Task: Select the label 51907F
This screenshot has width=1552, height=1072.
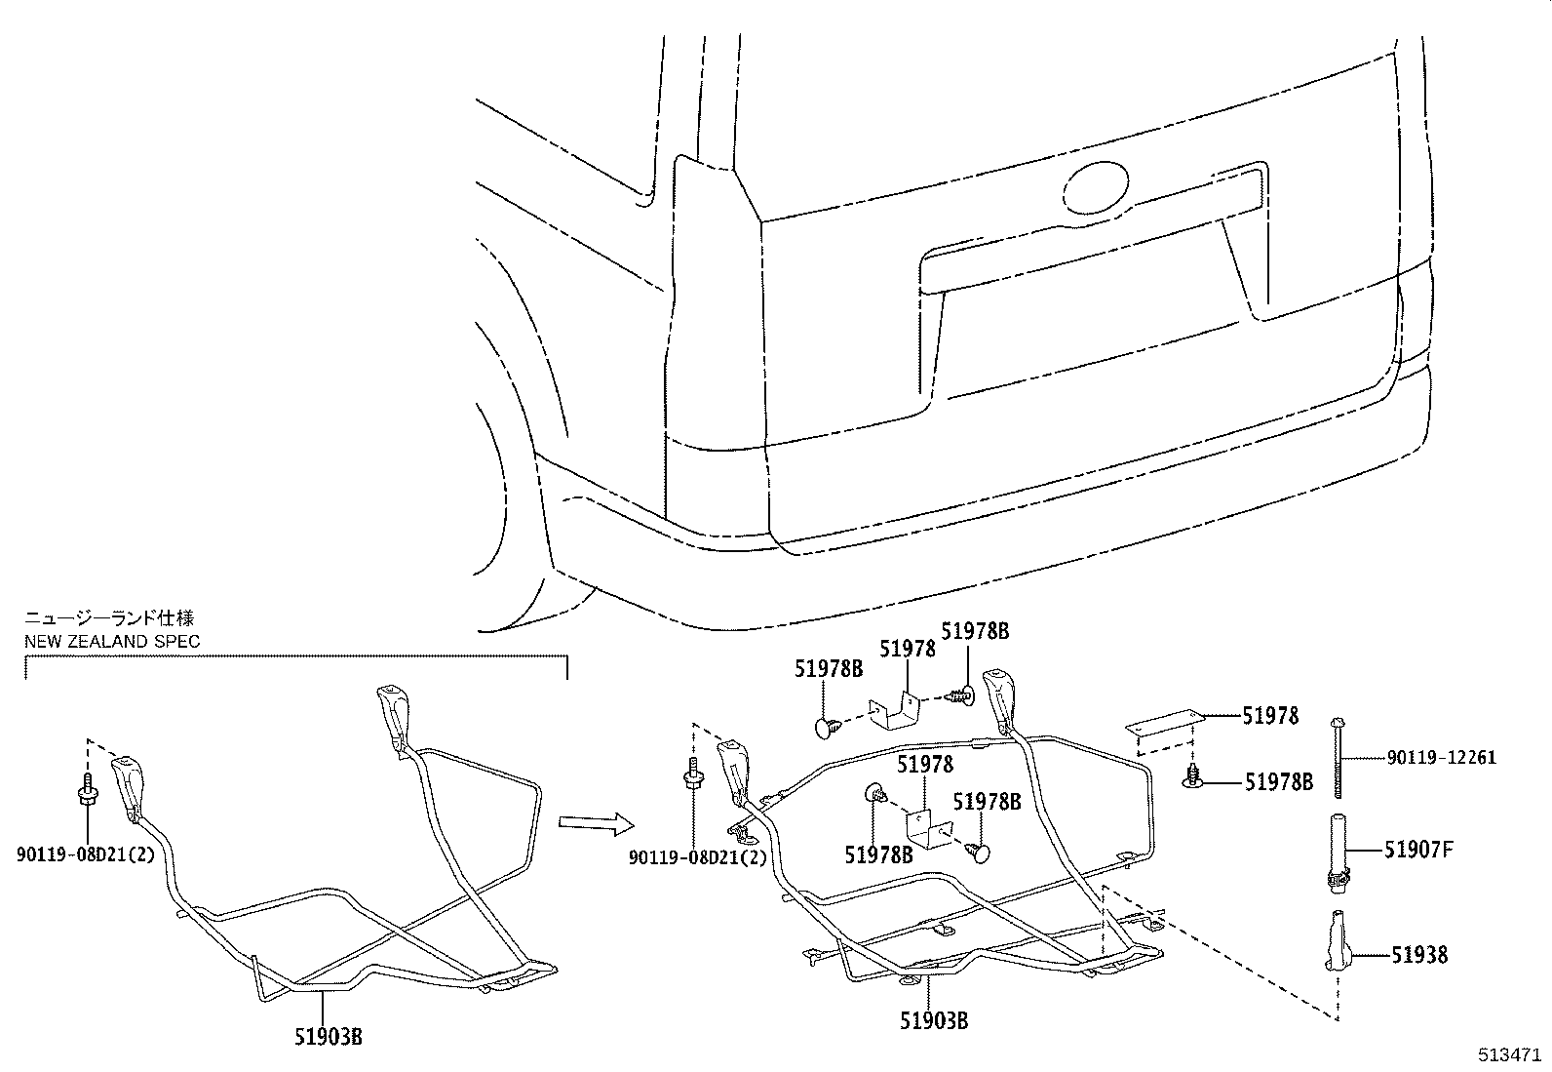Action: click(x=1418, y=850)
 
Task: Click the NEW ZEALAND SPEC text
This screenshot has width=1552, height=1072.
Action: click(x=112, y=641)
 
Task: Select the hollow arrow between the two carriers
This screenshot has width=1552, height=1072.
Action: click(x=588, y=823)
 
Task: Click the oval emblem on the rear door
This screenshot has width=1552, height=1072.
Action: click(x=1097, y=188)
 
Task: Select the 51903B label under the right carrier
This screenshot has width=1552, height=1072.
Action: click(x=934, y=1020)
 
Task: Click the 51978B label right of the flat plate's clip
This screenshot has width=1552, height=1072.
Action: click(x=1278, y=781)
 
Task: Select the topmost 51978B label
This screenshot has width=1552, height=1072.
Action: click(x=975, y=632)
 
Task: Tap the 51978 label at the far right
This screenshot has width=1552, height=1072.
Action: click(x=1270, y=716)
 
